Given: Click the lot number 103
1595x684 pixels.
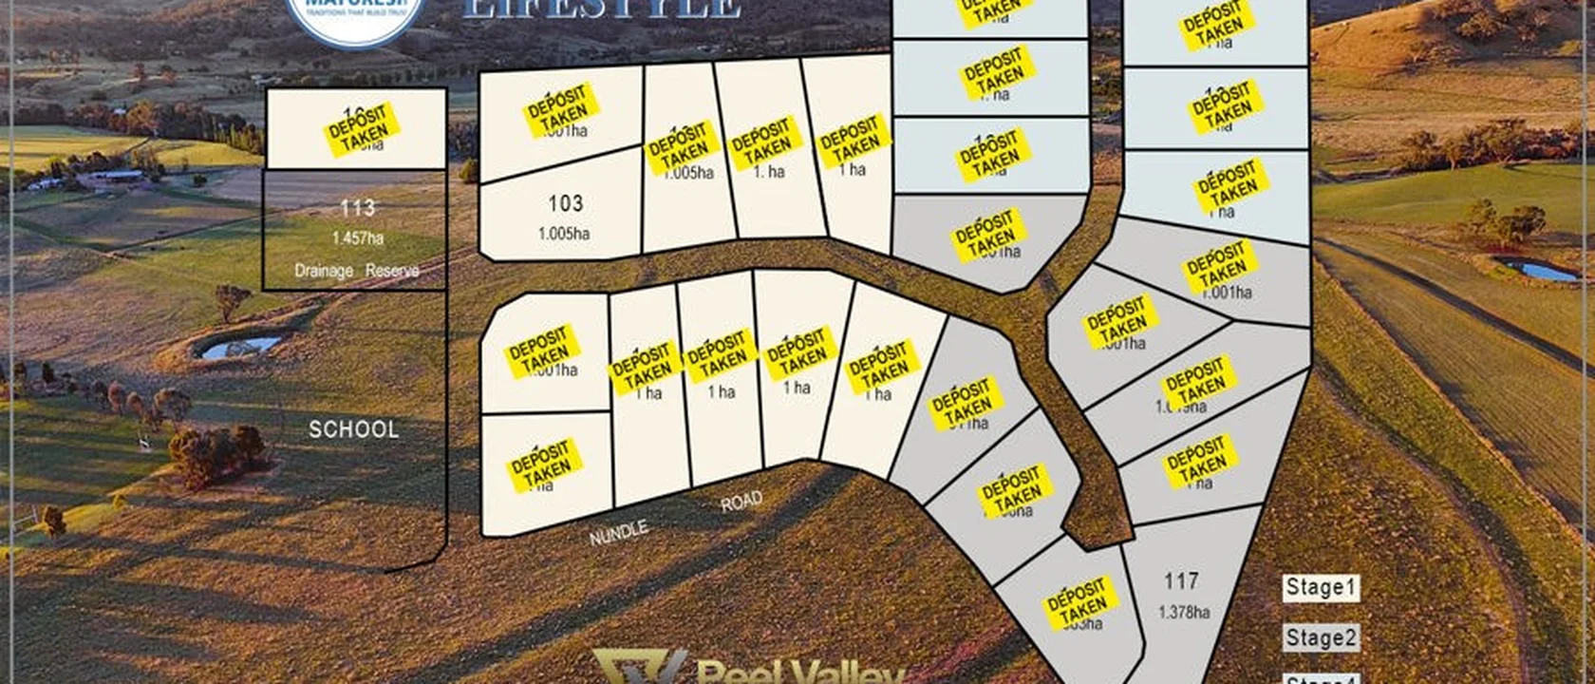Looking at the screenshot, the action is [x=565, y=203].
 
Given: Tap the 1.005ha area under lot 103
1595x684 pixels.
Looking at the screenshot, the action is [x=564, y=234].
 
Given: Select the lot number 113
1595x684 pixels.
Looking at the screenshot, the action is [x=357, y=207].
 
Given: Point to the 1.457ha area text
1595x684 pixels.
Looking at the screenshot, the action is [x=357, y=238].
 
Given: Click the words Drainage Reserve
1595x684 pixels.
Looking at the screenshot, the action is [x=356, y=271].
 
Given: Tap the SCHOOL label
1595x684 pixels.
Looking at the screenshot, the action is [x=354, y=429].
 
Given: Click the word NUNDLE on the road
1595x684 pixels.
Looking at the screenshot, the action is [x=618, y=533].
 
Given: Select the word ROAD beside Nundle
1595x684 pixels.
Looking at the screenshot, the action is [x=741, y=503].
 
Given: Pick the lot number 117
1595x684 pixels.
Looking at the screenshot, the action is [x=1181, y=580].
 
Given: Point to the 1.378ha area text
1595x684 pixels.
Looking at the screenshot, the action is [x=1183, y=613].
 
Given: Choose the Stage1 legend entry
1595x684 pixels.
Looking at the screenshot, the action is [x=1321, y=588].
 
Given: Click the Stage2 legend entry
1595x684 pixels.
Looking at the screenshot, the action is [x=1321, y=638].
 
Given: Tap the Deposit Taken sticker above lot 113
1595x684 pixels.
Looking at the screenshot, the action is [x=363, y=129].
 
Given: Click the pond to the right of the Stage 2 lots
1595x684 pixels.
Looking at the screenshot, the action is [x=1538, y=271].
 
